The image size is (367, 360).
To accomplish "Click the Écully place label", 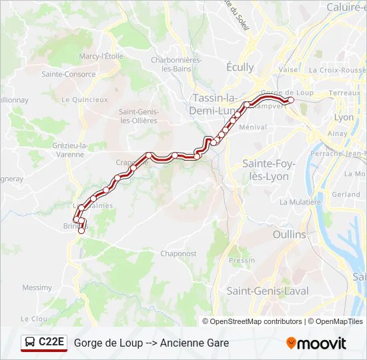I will coord(240,67).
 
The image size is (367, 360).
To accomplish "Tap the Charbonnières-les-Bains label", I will coord(177,64).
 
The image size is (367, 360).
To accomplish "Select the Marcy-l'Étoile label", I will coord(101,57).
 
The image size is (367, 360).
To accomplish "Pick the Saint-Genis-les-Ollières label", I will coord(138,116).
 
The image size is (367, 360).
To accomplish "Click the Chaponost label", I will coord(179,254).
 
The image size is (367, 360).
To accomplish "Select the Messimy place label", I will coord(37,288).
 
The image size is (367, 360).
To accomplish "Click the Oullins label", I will coord(290,235).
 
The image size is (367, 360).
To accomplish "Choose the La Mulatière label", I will coord(300,202).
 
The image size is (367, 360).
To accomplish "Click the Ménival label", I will coord(253,127).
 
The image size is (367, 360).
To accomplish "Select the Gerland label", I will coord(346,195).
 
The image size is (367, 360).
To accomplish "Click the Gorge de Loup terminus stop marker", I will coord(290,101).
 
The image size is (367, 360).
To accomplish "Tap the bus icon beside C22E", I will coord(30,343).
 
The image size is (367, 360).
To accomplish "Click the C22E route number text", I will coord(51,343).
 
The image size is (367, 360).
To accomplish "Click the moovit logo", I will coord(316,343).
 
